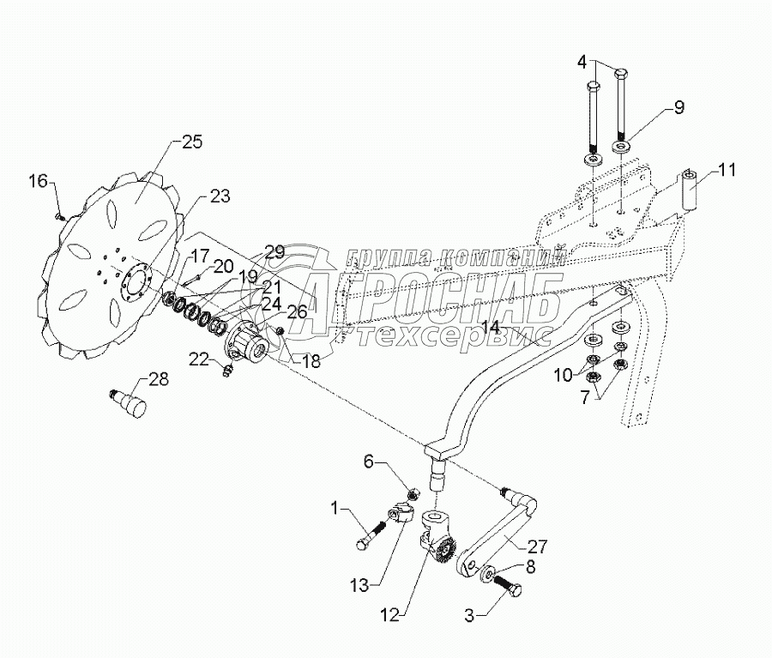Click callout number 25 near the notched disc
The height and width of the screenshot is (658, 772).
(x=192, y=142)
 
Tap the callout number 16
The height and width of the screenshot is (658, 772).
(x=39, y=181)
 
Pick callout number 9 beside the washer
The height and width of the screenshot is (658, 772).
(x=679, y=108)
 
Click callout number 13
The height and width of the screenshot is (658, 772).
(x=361, y=586)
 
